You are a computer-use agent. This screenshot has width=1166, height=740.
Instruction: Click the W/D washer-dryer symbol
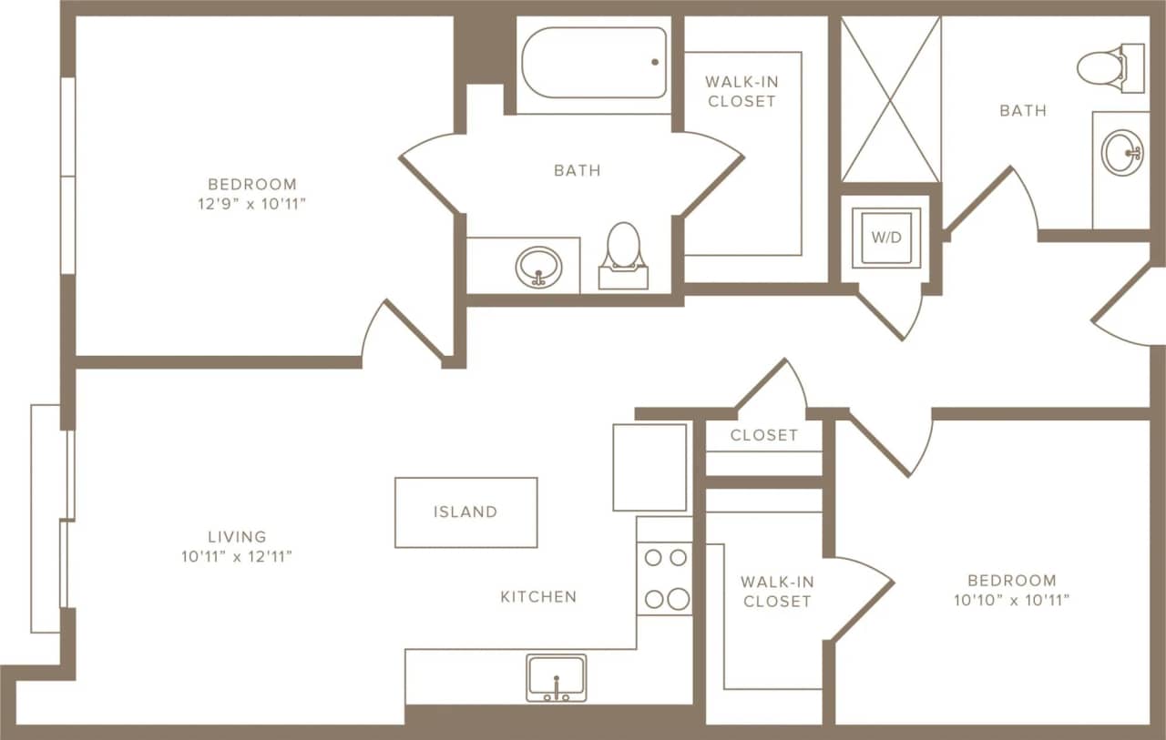(x=885, y=238)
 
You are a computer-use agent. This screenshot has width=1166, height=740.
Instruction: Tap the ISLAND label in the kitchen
(x=465, y=512)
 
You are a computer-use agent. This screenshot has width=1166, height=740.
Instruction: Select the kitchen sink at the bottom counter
(x=556, y=678)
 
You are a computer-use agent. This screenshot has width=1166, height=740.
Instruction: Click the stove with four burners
(x=664, y=578)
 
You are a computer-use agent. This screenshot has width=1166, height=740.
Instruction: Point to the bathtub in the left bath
(x=594, y=62)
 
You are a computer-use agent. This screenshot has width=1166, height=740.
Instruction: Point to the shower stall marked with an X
(x=890, y=99)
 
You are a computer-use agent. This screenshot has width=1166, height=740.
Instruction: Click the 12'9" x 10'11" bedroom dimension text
(x=251, y=205)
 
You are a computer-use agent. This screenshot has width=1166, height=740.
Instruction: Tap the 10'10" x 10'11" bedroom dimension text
(x=1011, y=601)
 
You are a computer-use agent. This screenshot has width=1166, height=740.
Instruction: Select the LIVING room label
(x=237, y=537)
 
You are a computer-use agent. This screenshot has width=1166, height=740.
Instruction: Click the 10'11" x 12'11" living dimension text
(x=237, y=557)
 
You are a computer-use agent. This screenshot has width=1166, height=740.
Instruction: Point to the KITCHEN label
(x=538, y=597)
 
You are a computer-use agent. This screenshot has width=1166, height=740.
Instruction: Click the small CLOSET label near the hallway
(x=763, y=435)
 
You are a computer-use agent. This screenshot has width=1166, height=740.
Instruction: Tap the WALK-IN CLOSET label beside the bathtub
(x=742, y=91)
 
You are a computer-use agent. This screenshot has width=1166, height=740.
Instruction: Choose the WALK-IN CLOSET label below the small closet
(x=776, y=591)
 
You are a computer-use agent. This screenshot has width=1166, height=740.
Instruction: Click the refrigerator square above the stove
(x=649, y=467)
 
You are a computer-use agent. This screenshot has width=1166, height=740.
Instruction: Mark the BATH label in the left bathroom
(x=578, y=170)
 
